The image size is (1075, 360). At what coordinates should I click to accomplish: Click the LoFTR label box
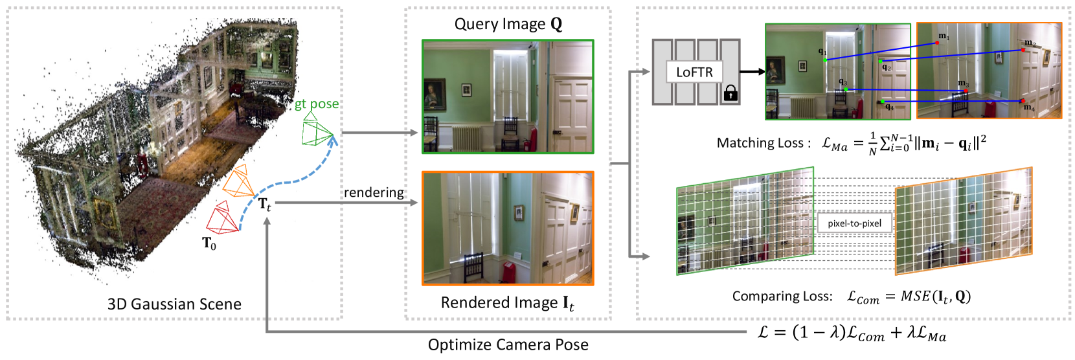[694, 72]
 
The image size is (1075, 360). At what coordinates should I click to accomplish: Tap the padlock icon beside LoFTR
[730, 93]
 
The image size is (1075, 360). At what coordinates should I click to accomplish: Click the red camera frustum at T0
[222, 218]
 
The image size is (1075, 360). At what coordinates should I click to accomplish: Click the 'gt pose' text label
[317, 104]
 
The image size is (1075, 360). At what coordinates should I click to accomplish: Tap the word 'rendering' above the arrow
[374, 192]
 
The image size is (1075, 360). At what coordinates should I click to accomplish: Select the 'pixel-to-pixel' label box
[854, 223]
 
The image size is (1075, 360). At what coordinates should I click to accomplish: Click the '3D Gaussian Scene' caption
[174, 304]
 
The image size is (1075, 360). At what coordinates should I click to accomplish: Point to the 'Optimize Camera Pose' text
[508, 344]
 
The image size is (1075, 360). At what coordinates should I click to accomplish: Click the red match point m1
[937, 43]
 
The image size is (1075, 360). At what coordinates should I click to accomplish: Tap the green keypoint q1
[825, 60]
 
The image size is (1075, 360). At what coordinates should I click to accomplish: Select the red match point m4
[1023, 101]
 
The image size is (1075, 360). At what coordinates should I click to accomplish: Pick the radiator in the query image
[466, 138]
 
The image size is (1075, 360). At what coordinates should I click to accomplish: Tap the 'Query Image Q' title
[508, 25]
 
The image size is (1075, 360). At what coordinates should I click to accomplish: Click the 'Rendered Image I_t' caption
[507, 303]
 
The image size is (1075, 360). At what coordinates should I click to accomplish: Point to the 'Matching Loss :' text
[764, 143]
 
